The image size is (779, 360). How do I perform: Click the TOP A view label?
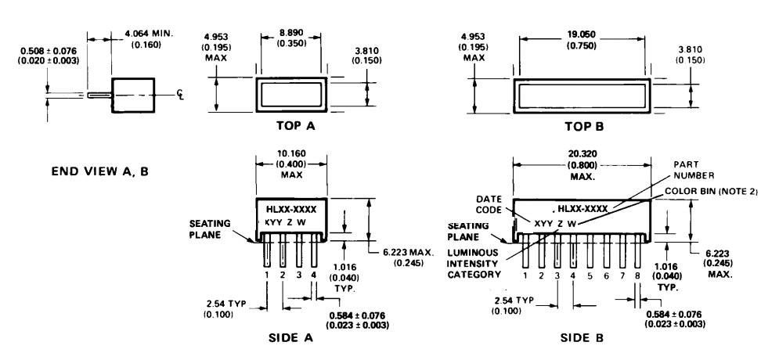tap(289, 126)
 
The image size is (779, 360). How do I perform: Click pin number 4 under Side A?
tap(314, 275)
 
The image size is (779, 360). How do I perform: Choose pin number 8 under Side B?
tap(638, 275)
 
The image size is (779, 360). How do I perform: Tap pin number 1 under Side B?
tap(525, 275)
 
